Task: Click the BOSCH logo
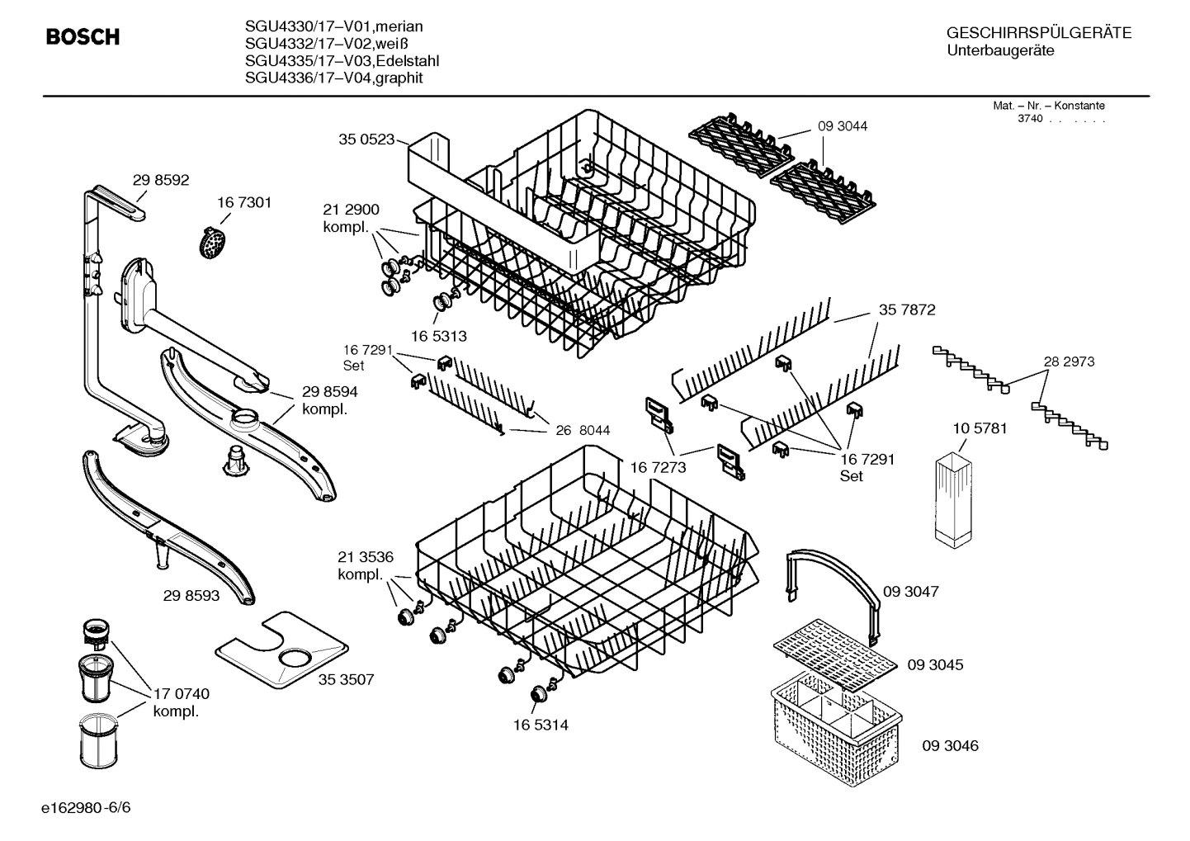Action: tap(83, 37)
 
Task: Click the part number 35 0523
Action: tap(366, 139)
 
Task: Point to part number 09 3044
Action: tap(843, 126)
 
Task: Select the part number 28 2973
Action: tap(1069, 361)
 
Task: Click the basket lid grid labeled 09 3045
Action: tap(834, 651)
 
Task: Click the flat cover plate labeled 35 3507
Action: tap(281, 649)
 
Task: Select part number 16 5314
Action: tap(541, 725)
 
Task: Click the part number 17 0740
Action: tap(182, 694)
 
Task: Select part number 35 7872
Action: tap(907, 309)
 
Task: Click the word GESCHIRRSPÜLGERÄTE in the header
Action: tap(1039, 33)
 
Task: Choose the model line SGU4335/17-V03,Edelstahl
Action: tap(342, 62)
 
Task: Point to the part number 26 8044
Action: tap(583, 430)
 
